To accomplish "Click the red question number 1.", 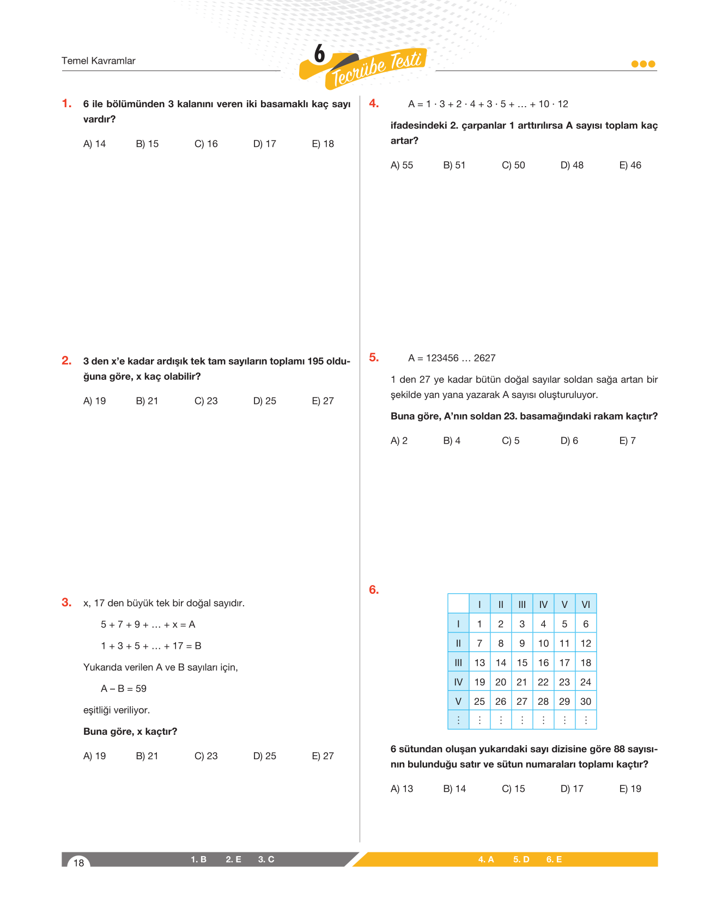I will [66, 103].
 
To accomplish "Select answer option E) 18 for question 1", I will [323, 144].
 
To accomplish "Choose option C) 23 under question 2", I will [206, 401].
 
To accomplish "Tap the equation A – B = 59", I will [124, 688].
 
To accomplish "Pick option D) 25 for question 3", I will [265, 756].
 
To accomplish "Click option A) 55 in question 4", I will [402, 165].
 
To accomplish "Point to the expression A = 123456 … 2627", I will [452, 358].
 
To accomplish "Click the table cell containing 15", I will [522, 662].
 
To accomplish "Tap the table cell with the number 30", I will [586, 702].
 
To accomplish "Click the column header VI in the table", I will [586, 604].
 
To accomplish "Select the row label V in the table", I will [458, 702].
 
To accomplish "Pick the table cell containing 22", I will [543, 682].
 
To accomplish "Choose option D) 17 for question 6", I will [572, 789].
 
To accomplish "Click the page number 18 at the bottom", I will [79, 863].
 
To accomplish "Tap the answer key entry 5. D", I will [521, 859].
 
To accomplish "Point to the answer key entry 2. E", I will [233, 859].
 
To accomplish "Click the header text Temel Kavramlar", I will [99, 61].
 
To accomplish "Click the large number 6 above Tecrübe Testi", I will [319, 54].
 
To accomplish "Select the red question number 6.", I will [374, 590].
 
